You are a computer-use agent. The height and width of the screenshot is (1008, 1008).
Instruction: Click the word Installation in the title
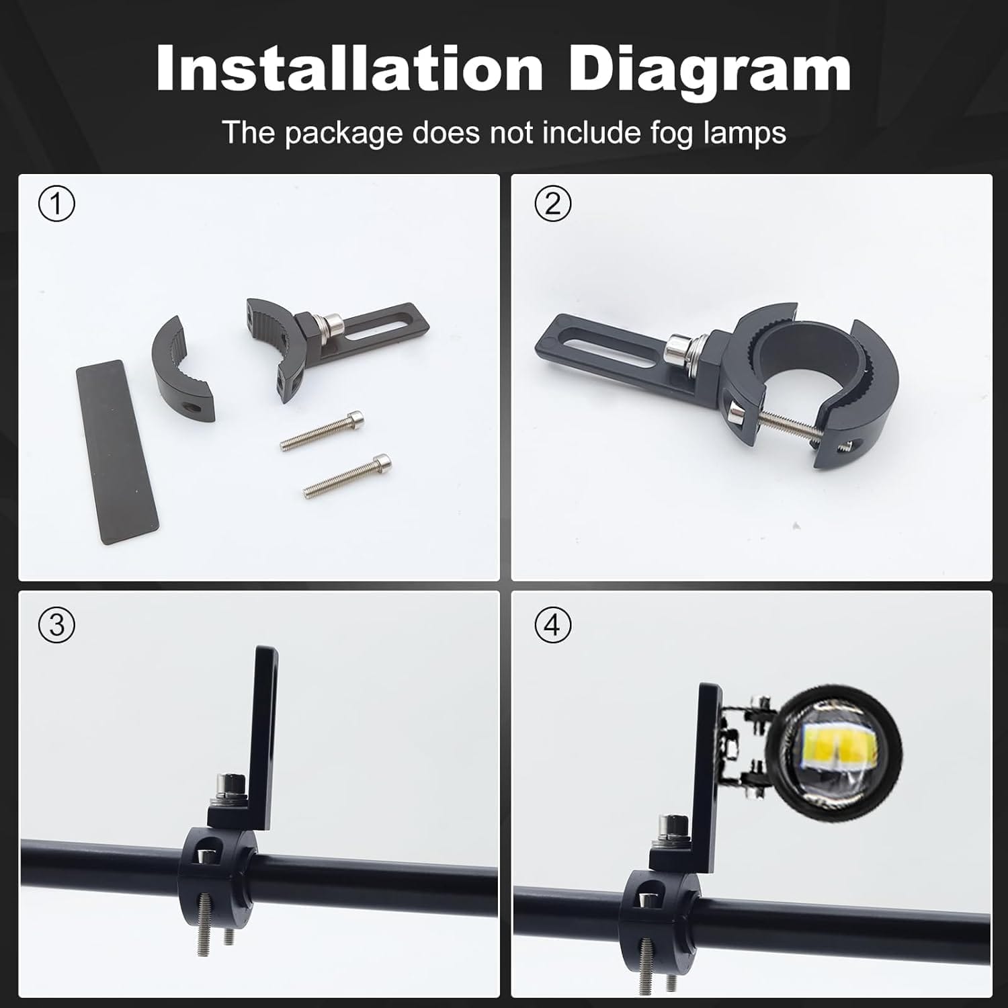(x=349, y=69)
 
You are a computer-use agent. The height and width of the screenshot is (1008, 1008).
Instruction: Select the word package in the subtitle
(x=343, y=134)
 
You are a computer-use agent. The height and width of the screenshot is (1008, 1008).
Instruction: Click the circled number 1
(x=56, y=204)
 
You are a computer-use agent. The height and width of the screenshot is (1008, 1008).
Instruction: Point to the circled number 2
(x=552, y=204)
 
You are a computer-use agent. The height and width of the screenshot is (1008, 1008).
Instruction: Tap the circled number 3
(x=56, y=625)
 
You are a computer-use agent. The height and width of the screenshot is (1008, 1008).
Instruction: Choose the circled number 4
(x=552, y=625)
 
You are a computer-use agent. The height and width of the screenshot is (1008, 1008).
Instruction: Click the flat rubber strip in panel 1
(x=117, y=452)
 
